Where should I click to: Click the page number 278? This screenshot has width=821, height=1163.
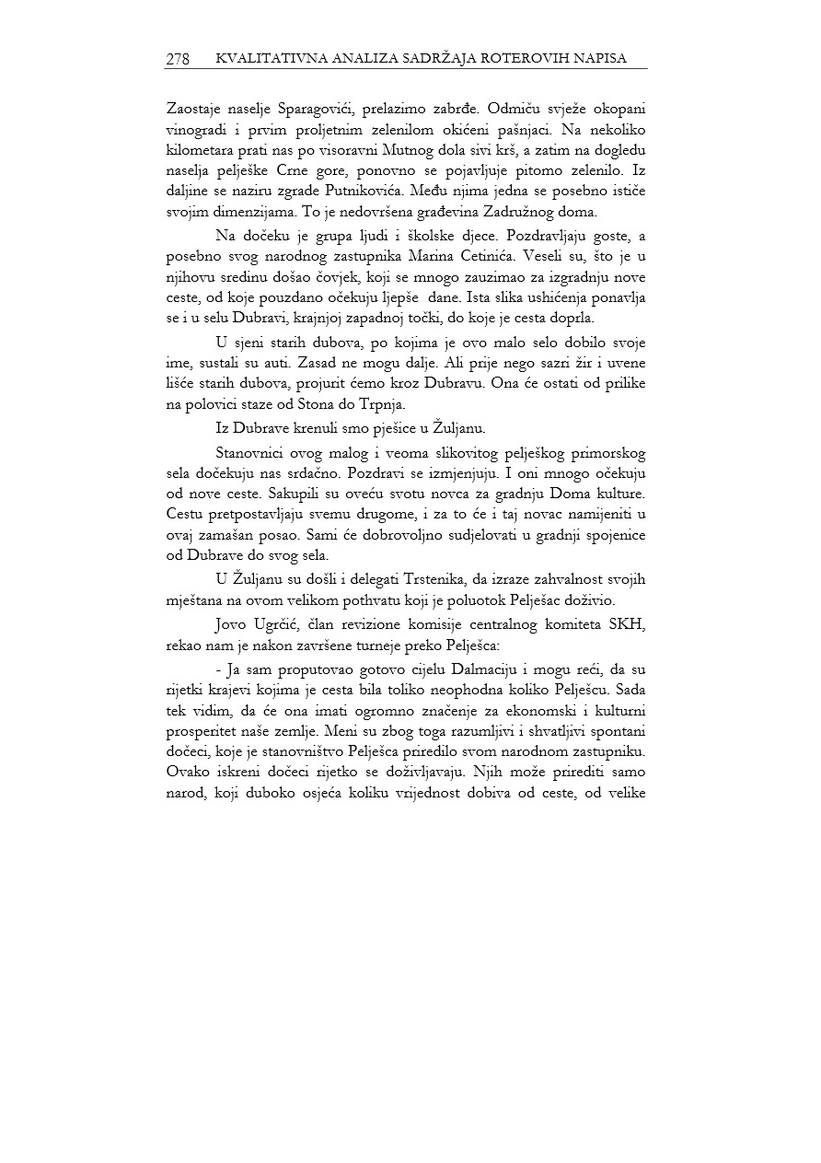tap(178, 59)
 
